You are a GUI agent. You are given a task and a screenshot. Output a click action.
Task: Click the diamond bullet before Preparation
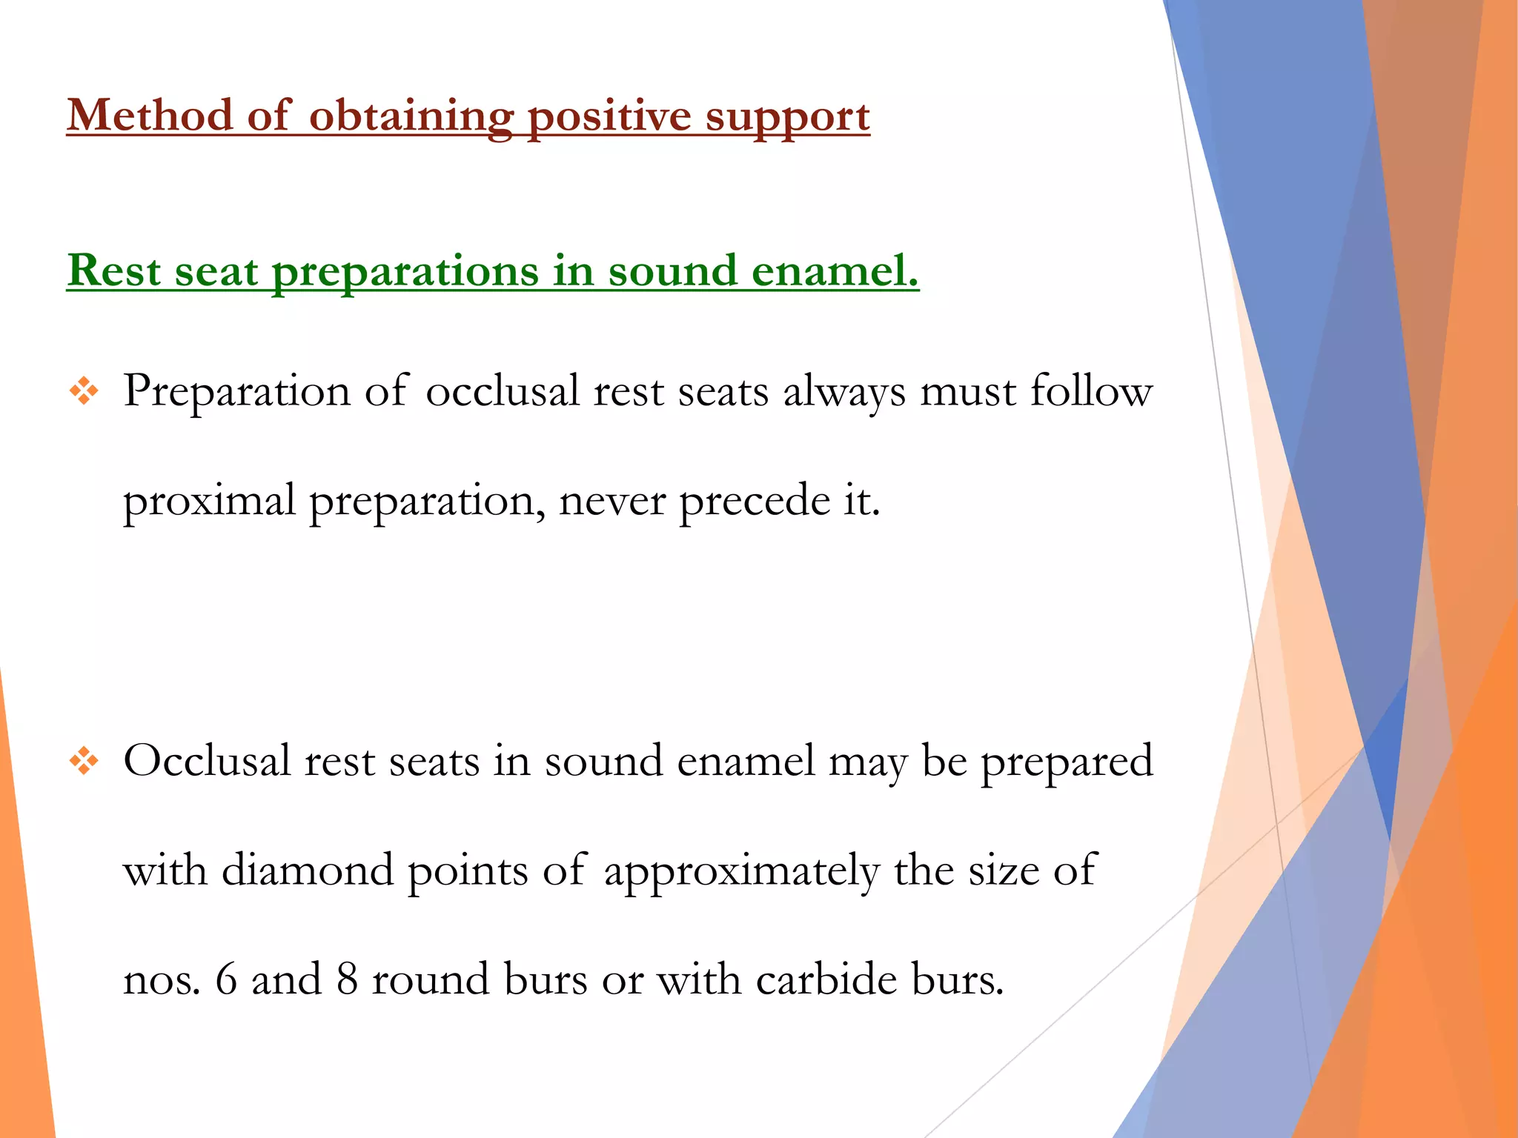point(84,390)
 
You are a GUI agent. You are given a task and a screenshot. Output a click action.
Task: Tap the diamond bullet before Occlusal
point(84,761)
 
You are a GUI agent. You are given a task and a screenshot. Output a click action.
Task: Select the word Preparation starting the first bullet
point(236,392)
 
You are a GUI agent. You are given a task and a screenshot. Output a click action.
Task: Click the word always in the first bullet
point(844,392)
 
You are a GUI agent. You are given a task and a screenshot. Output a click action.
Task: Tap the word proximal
point(209,502)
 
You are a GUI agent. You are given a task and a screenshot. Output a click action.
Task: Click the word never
point(612,502)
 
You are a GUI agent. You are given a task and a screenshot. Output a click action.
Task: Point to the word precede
point(755,502)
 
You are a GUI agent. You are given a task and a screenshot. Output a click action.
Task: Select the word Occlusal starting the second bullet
point(207,761)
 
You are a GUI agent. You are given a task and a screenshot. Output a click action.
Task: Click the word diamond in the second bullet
point(308,870)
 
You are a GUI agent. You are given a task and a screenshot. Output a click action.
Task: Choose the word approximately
point(741,871)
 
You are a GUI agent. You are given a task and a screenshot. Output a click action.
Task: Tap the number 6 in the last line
point(226,979)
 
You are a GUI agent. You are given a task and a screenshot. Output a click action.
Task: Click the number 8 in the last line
point(347,979)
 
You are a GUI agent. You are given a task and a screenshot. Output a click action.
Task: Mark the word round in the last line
point(431,979)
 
